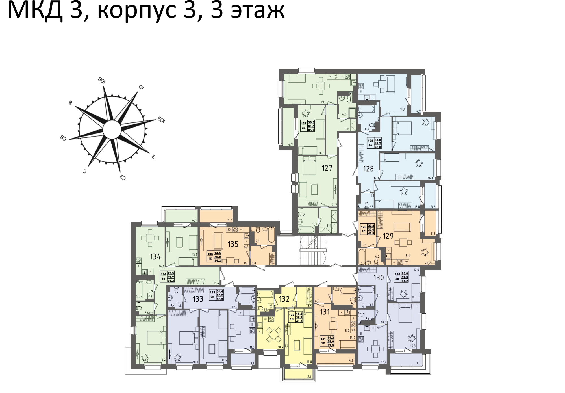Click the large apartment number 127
[327, 168]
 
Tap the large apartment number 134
[155, 257]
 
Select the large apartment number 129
[388, 236]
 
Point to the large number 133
[198, 299]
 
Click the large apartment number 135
[233, 244]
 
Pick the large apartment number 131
[325, 312]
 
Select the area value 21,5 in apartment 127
[323, 102]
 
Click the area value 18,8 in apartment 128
[403, 109]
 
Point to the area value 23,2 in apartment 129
[427, 263]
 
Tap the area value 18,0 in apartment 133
[195, 362]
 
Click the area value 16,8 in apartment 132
[309, 362]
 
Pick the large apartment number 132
[284, 299]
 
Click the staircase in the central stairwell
[313, 250]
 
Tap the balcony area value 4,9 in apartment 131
[351, 360]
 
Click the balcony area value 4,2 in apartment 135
[230, 220]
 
